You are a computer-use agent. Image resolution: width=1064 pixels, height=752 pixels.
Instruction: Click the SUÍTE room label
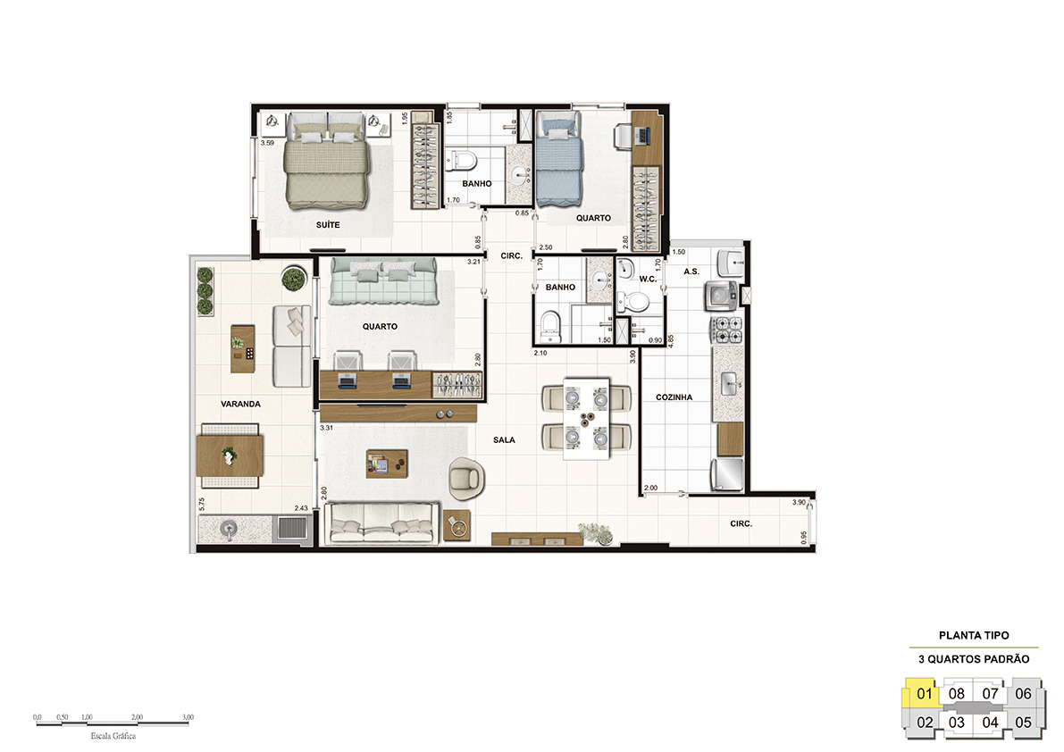tap(328, 224)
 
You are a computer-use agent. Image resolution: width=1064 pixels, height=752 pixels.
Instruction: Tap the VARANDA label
tap(240, 404)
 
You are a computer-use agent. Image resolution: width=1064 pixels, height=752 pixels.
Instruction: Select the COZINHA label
tap(674, 397)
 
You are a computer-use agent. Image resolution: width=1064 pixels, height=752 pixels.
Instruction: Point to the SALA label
tap(504, 440)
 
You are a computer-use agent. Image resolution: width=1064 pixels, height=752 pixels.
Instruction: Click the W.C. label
tap(648, 279)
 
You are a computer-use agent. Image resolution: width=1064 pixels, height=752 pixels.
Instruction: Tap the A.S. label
tap(691, 272)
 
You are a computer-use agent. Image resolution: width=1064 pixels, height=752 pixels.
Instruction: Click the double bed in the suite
tap(326, 161)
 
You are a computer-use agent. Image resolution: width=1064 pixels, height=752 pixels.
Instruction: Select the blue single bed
tap(559, 159)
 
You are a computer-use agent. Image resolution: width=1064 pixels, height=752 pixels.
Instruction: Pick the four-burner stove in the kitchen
tap(726, 330)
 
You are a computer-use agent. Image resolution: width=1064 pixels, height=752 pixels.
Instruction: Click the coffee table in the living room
tap(387, 464)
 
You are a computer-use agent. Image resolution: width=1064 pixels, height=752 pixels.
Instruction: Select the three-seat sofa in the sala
tap(381, 522)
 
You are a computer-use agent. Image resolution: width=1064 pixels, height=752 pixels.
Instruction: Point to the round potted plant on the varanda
tap(294, 279)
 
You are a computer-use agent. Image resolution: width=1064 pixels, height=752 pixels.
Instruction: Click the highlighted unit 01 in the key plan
tap(924, 694)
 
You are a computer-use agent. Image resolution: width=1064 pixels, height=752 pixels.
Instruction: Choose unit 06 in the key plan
tap(1023, 694)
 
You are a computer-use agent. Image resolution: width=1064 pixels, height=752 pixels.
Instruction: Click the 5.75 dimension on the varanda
tap(202, 505)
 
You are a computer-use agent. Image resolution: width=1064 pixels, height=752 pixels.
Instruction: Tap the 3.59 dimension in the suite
tap(267, 143)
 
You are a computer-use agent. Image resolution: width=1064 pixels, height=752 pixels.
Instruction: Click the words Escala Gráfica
tap(113, 736)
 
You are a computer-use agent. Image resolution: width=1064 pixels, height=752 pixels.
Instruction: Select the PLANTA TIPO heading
tap(974, 635)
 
